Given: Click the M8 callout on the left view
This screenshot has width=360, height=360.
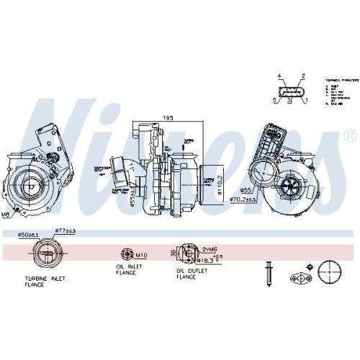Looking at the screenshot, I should tap(6, 215).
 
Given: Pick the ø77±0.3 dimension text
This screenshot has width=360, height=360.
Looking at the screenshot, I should tap(66, 231).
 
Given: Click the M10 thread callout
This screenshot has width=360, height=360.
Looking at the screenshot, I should tap(141, 253).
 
